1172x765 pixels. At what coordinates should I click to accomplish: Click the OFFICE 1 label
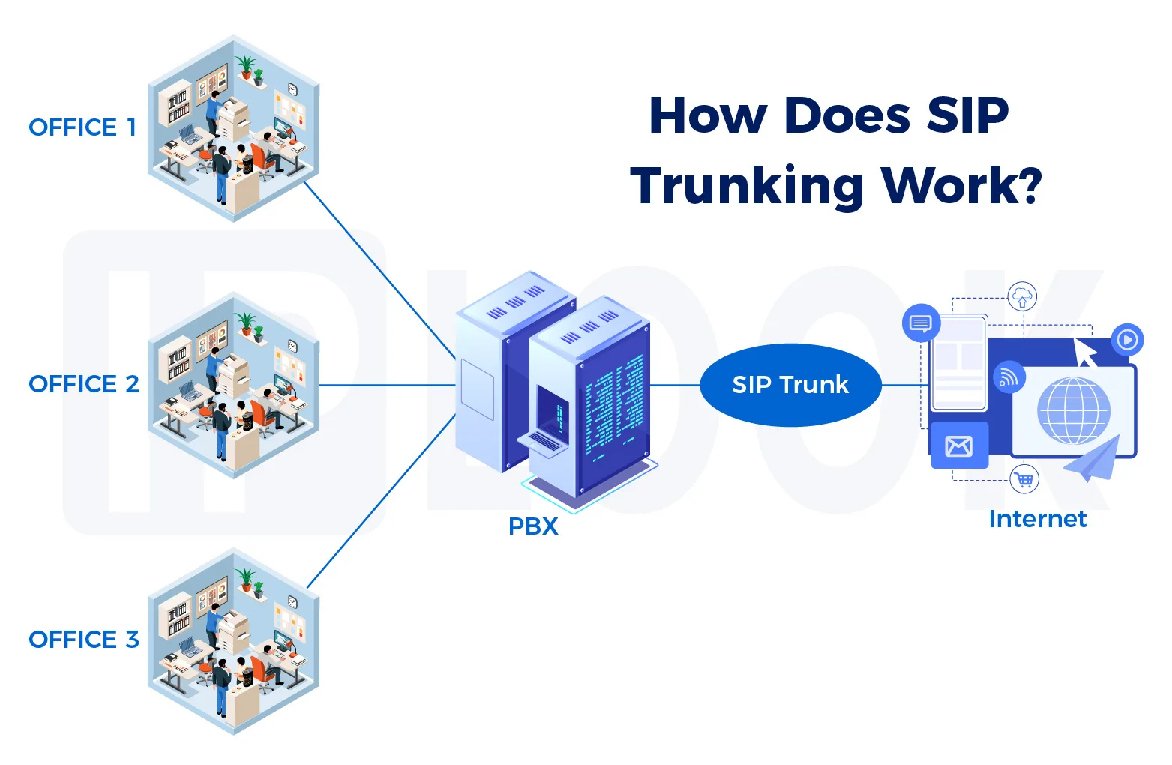pos(82,128)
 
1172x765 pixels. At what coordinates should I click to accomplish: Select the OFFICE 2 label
pos(84,384)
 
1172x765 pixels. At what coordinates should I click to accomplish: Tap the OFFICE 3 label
pos(84,640)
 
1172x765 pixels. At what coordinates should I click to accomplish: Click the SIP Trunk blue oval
pos(790,385)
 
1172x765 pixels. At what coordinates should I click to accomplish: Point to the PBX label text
pos(533,526)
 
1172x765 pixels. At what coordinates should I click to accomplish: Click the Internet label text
pos(1037,519)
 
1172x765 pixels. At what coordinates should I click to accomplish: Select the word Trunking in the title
pos(747,186)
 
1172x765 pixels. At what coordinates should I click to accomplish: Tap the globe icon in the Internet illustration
pos(1073,410)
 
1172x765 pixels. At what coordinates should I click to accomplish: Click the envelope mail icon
pos(958,446)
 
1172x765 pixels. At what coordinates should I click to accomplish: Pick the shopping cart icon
pos(1024,478)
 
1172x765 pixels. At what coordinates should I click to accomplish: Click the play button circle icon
pos(1127,339)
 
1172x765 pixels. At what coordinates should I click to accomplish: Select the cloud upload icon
pos(1022,296)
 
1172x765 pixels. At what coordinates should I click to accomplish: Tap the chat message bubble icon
pos(920,323)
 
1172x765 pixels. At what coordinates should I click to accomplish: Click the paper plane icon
pos(1094,459)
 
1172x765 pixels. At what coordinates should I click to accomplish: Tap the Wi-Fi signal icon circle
pos(1009,377)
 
